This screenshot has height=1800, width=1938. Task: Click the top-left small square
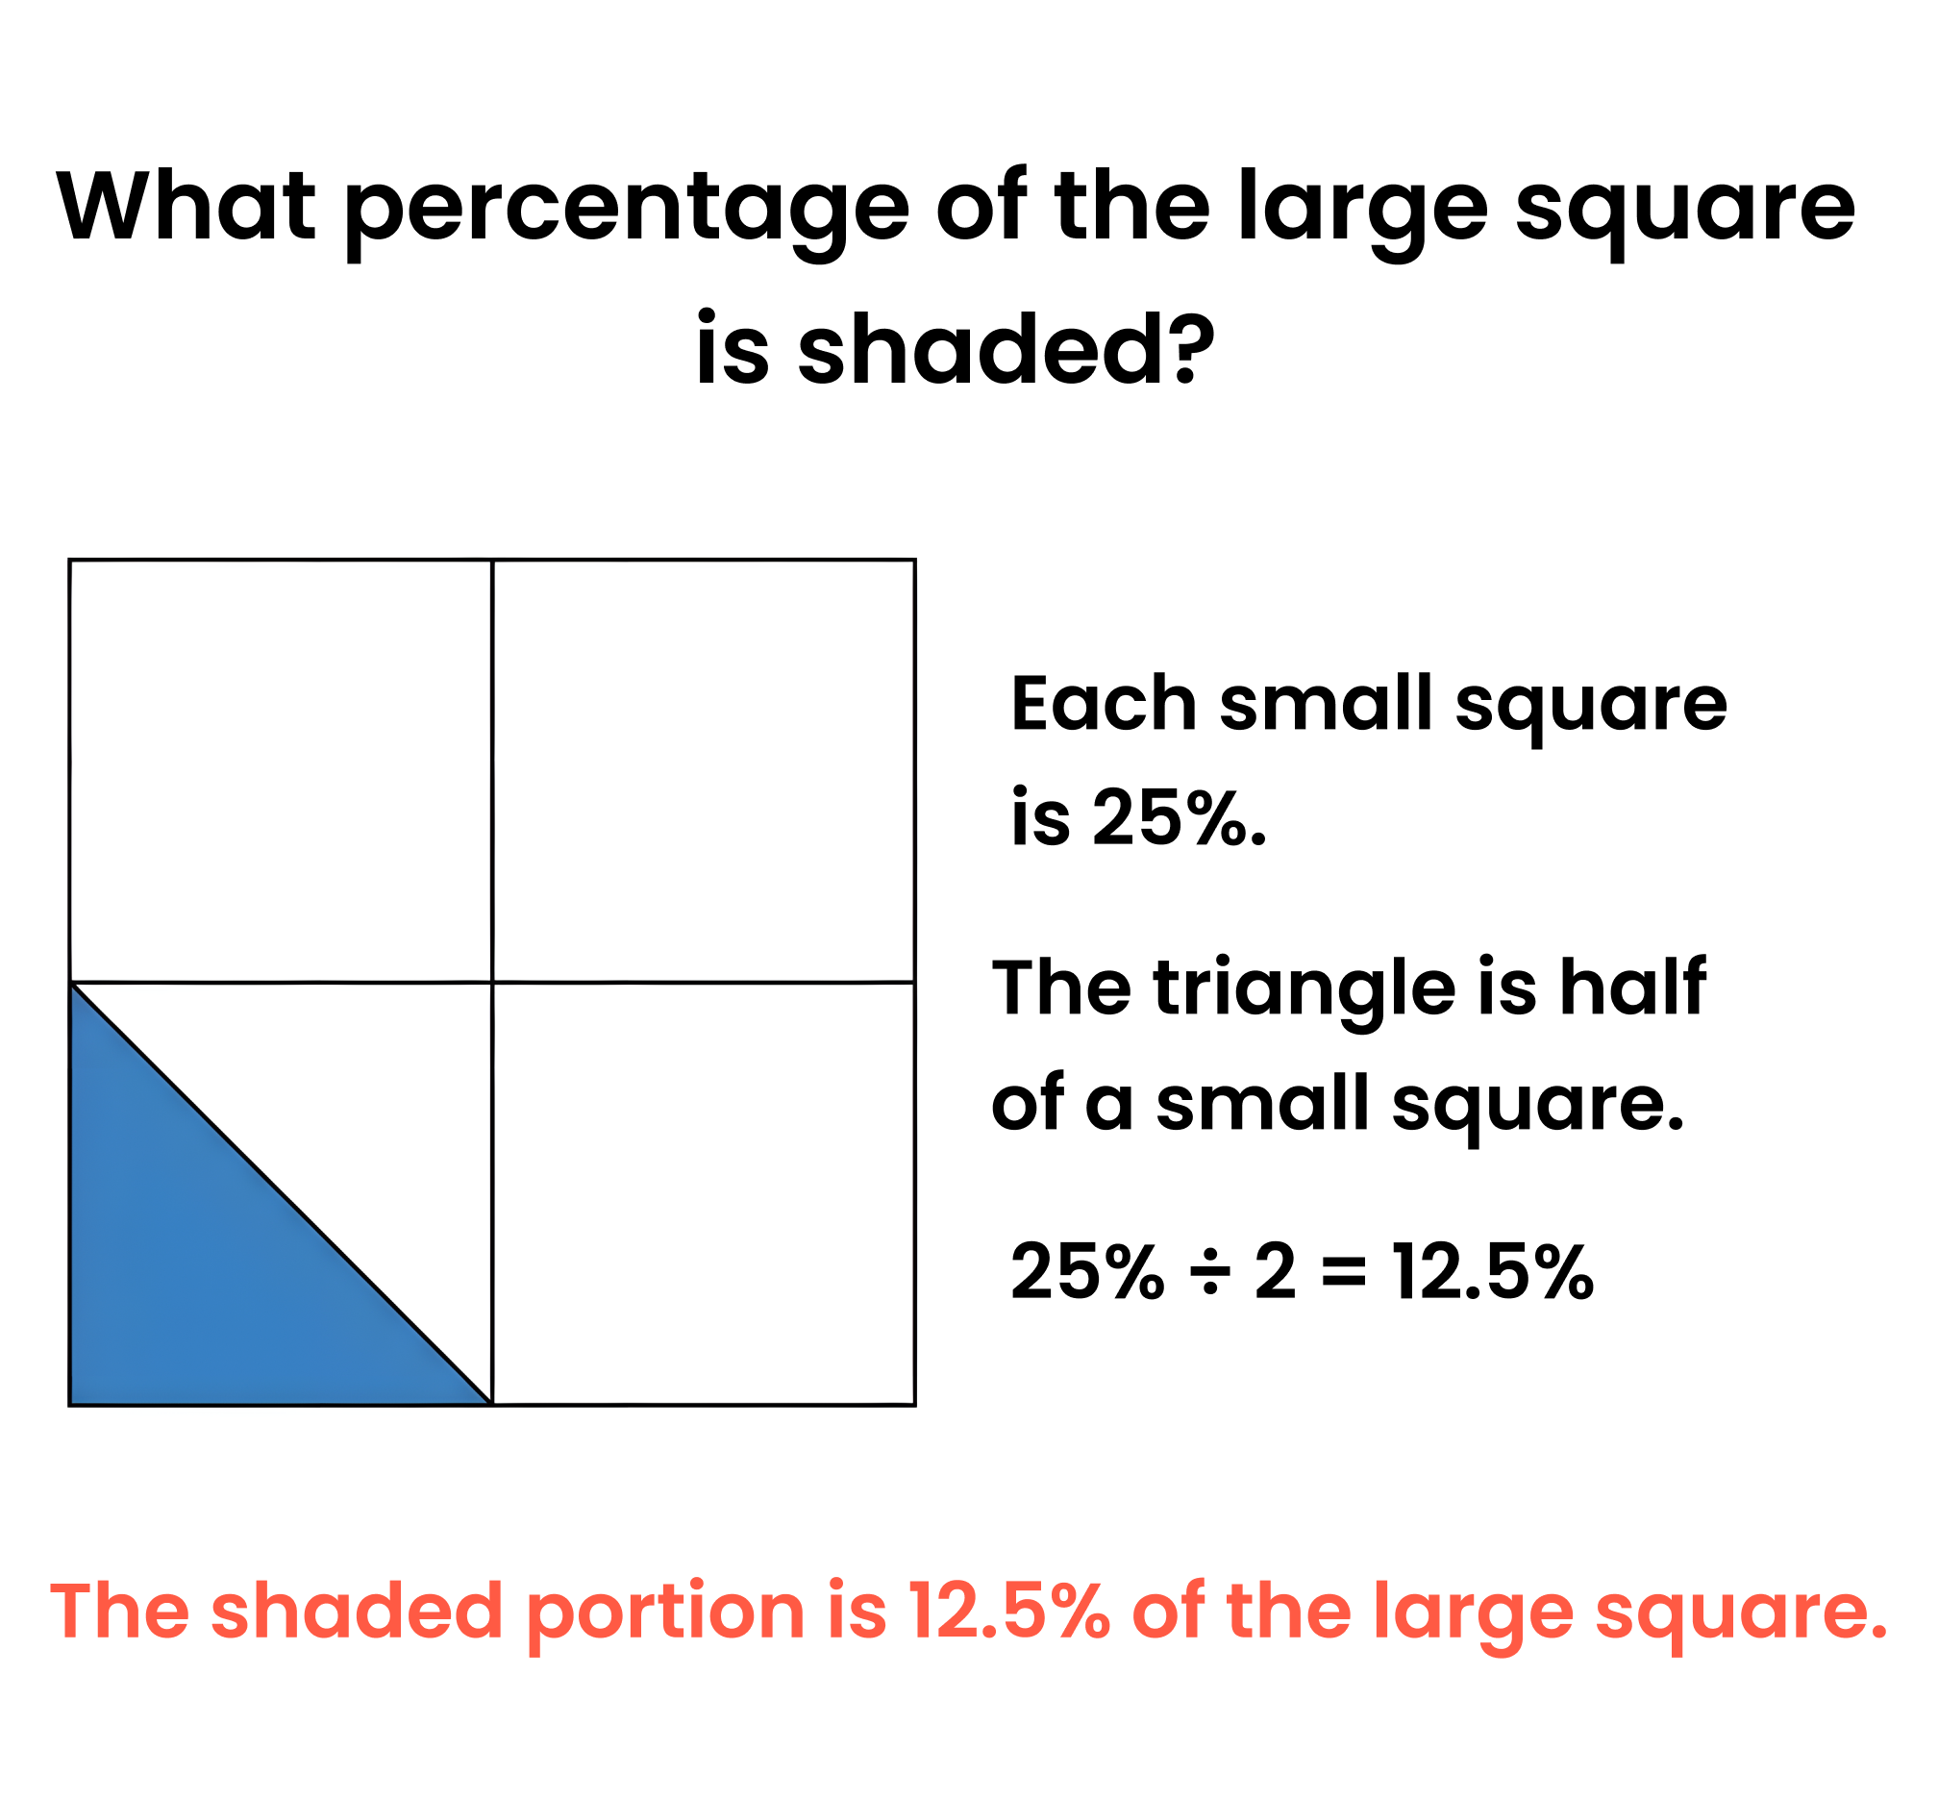pos(281,770)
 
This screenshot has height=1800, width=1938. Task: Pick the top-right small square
pos(703,770)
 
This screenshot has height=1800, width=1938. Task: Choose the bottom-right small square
pos(703,1194)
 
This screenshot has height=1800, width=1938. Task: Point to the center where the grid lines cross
pos(492,982)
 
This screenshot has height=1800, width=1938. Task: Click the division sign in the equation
pos(1209,1272)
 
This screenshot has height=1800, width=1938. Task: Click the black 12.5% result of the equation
pos(1493,1272)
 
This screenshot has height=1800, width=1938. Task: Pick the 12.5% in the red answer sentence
pos(1008,1611)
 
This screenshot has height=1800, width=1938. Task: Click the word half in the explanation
pos(1632,987)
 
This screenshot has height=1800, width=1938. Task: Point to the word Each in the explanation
pos(1104,702)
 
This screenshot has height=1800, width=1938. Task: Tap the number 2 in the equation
pos(1275,1272)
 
